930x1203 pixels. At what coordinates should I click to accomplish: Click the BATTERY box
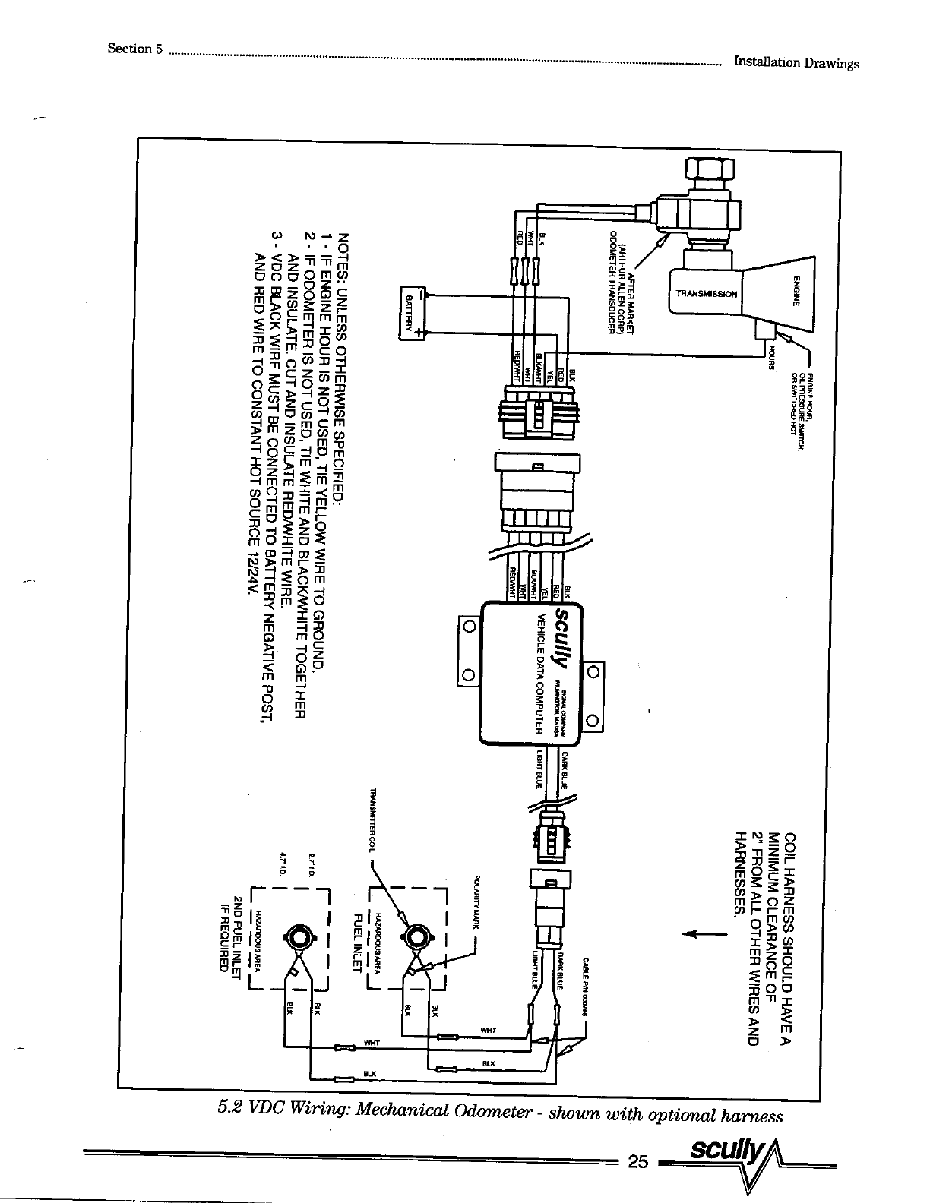[410, 312]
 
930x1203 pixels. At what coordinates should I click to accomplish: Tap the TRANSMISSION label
[705, 294]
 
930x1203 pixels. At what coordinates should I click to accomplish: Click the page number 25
[637, 1161]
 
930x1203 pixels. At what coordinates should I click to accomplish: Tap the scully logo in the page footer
[722, 1153]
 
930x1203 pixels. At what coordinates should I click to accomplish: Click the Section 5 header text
[135, 49]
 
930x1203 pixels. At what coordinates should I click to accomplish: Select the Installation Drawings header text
[796, 62]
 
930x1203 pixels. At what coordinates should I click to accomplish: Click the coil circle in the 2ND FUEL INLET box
[297, 936]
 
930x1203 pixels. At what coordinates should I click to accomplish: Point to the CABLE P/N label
[587, 980]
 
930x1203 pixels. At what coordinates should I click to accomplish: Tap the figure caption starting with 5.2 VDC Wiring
[499, 1114]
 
